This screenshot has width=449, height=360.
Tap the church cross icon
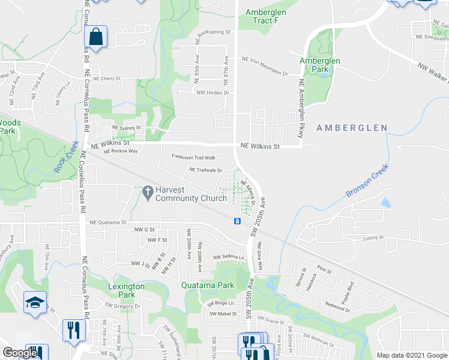[x=147, y=193]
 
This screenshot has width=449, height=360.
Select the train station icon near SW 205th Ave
[x=238, y=222]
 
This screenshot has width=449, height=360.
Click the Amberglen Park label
[x=320, y=65]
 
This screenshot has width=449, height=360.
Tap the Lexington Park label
[x=126, y=290]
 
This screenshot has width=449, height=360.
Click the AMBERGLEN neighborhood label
[x=349, y=128]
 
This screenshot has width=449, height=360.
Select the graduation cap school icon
[x=35, y=302]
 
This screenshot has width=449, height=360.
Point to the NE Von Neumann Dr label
[x=270, y=59]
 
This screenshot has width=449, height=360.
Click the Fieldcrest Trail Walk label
[x=193, y=157]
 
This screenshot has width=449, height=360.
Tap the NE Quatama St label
[x=109, y=222]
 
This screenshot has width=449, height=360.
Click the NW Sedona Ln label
[x=229, y=257]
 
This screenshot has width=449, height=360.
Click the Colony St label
[x=373, y=238]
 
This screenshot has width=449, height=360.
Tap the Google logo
[x=20, y=353]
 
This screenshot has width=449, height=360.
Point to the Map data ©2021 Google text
[x=411, y=355]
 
